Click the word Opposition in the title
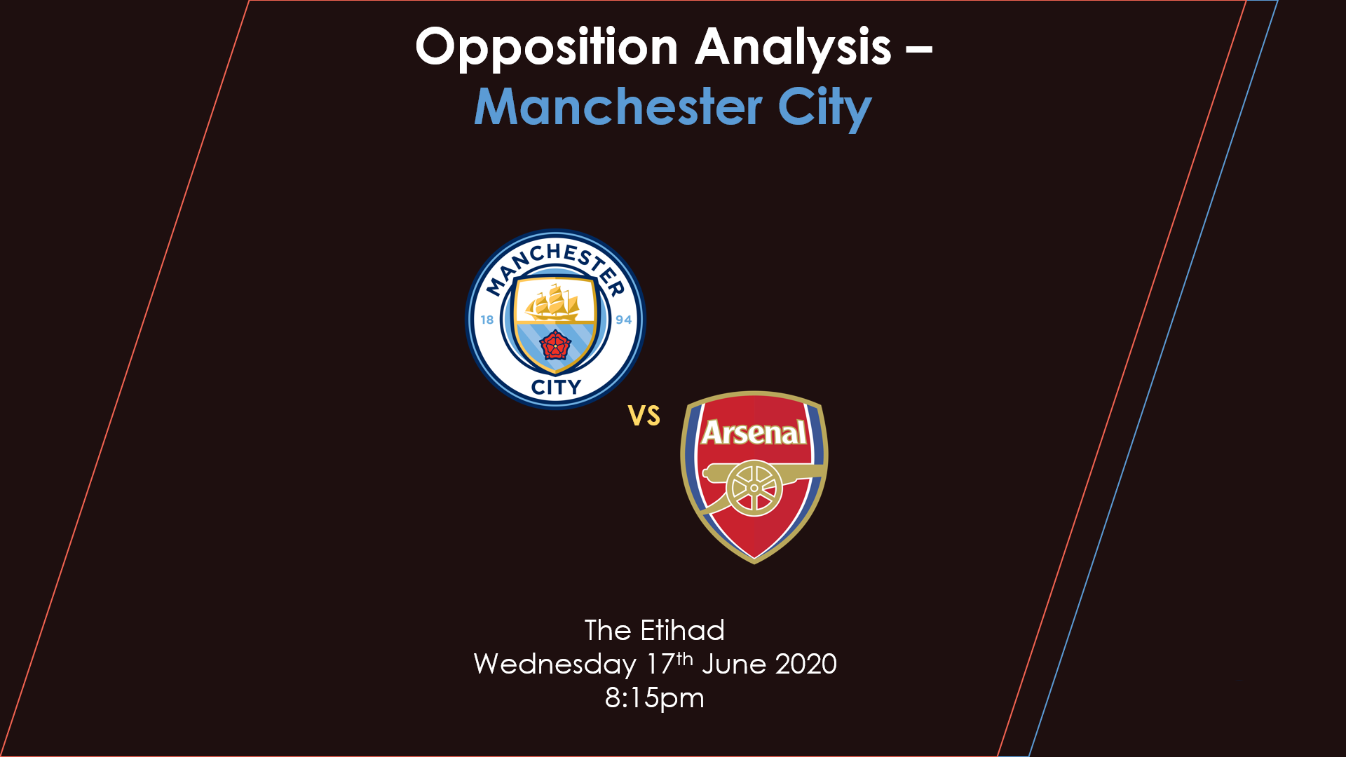pyautogui.click(x=547, y=48)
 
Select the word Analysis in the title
pyautogui.click(x=794, y=48)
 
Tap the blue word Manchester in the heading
pyautogui.click(x=618, y=107)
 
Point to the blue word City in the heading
pyautogui.click(x=824, y=109)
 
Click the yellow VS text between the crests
pyautogui.click(x=644, y=416)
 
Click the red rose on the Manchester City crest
pyautogui.click(x=555, y=345)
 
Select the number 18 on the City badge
pyautogui.click(x=487, y=320)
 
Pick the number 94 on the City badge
pyautogui.click(x=623, y=320)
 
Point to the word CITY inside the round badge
pyautogui.click(x=556, y=387)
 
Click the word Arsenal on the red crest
pyautogui.click(x=754, y=432)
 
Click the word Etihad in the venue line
pyautogui.click(x=682, y=630)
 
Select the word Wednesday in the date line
pyautogui.click(x=555, y=664)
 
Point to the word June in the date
pyautogui.click(x=734, y=664)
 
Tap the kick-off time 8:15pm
pyautogui.click(x=655, y=698)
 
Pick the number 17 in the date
pyautogui.click(x=660, y=664)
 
